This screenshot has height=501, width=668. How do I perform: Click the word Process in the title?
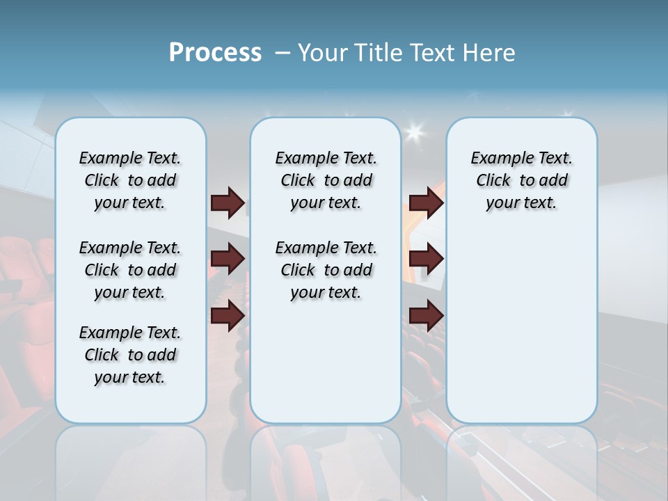pos(215,53)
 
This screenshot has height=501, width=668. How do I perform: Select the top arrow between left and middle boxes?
pos(228,202)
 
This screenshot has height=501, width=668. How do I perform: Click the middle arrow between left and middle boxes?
pos(228,259)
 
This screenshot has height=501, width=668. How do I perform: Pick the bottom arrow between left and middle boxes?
pos(228,315)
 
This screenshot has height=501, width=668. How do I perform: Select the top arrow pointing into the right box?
pos(426,202)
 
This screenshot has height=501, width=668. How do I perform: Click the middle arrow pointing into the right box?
pos(426,259)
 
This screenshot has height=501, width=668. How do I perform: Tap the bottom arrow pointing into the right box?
pos(426,315)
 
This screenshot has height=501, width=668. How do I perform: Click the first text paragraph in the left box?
pos(130,180)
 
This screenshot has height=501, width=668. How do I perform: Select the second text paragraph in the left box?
pos(130,270)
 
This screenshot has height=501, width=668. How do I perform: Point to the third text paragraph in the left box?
pos(130,355)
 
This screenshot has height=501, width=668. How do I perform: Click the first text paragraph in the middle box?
pos(326,180)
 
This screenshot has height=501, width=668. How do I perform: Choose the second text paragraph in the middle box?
pos(326,270)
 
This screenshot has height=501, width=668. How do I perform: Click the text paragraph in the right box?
pos(521,180)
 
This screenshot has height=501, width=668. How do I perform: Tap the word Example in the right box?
pos(498,159)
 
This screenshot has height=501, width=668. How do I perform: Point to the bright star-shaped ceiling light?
pos(415,131)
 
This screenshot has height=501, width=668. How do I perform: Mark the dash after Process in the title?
pos(283,53)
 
